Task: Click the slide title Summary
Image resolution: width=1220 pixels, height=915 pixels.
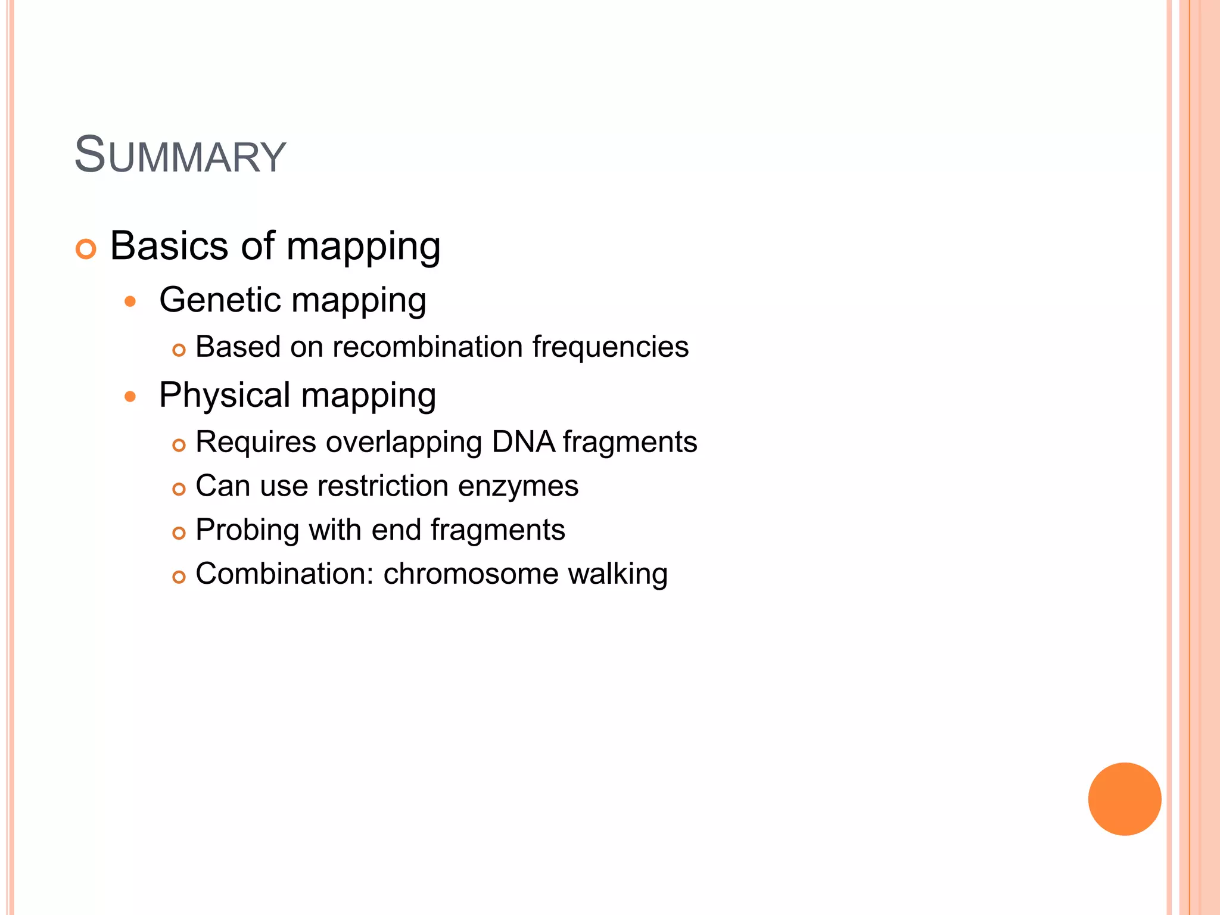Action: coord(180,155)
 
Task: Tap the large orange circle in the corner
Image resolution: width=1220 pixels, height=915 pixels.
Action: coord(1124,799)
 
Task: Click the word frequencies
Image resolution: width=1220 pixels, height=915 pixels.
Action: coord(610,347)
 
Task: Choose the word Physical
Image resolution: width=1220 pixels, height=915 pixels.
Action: coord(225,395)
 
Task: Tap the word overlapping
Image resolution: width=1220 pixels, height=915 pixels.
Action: coord(404,443)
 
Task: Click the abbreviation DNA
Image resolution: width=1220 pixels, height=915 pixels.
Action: coord(524,442)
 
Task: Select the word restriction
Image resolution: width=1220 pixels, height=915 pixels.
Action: coord(382,486)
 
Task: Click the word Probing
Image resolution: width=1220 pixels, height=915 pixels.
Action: coord(247,530)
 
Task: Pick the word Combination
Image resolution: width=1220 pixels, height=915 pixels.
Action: coord(284,574)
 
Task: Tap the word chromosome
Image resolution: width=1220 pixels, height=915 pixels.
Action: coord(470,574)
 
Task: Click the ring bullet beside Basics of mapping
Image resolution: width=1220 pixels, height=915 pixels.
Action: coord(86,249)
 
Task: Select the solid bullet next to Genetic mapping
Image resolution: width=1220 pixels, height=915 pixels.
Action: coord(130,301)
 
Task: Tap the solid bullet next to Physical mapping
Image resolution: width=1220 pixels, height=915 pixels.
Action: coord(130,397)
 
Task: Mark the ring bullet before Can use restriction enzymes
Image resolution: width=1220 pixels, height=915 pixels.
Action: coord(179,489)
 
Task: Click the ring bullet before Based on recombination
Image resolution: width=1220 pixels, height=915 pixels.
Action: coord(179,350)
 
